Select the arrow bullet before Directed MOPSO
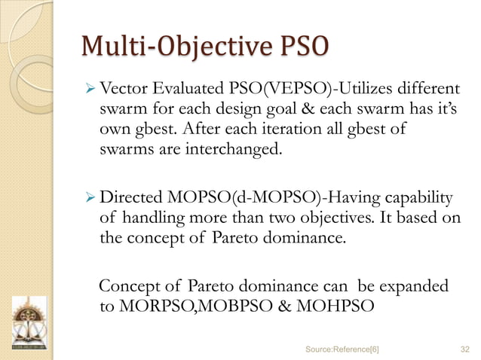pos(87,199)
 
